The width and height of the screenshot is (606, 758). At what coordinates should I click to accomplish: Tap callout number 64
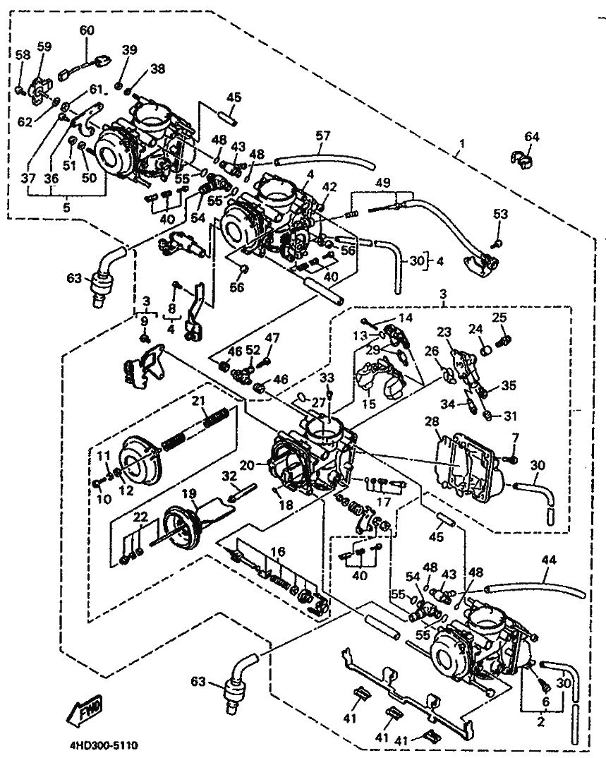coord(531,136)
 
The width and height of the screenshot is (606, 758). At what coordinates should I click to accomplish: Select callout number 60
coord(86,30)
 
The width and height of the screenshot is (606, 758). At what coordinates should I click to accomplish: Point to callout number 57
coord(323,134)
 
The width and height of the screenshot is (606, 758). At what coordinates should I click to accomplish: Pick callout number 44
coord(549,560)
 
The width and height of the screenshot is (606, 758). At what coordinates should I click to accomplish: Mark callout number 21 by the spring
coord(199,401)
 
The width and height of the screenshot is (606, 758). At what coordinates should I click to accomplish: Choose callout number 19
coord(188,493)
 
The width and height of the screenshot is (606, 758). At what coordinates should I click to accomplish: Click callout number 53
coord(500,213)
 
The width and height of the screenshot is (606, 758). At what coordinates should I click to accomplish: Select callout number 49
coord(383,183)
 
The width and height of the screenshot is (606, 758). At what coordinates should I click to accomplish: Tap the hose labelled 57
coord(325,161)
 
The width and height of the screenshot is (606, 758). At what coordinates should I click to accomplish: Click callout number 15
coord(368,404)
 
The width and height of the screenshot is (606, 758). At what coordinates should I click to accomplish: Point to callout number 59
coord(44,47)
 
